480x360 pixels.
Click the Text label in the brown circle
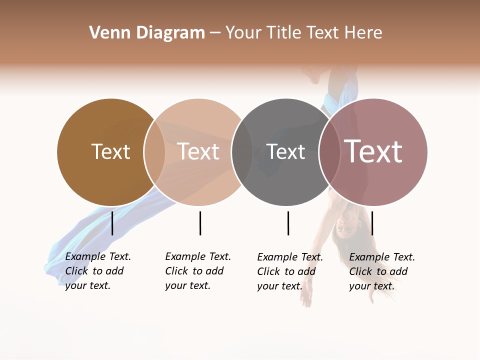point(110,151)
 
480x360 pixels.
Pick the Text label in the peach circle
point(198,151)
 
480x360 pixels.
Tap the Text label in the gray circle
point(285,151)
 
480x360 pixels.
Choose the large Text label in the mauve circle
point(373,151)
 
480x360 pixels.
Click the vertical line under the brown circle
point(112,223)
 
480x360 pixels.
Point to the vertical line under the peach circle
point(200,223)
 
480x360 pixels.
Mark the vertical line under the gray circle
point(288,223)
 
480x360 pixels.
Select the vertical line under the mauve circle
point(372,223)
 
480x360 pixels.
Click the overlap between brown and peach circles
point(154,152)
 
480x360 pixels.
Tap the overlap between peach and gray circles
point(241,152)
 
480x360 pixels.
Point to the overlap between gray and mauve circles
point(329,152)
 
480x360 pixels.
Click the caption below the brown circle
point(97,271)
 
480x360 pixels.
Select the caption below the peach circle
point(197,271)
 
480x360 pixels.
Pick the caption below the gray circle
point(289,271)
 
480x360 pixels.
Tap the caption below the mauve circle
point(381,271)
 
